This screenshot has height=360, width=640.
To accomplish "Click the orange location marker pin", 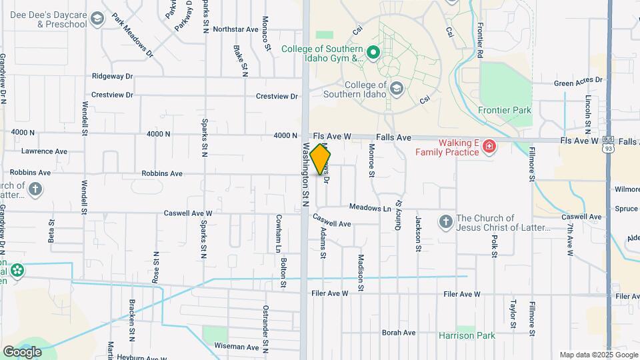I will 320,159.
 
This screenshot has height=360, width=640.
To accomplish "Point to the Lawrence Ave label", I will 44,151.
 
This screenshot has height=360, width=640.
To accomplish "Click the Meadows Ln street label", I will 370,208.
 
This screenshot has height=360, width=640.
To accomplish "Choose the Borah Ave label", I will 399,333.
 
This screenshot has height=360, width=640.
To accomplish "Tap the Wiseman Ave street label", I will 236,347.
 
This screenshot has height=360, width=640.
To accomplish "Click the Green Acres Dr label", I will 578,81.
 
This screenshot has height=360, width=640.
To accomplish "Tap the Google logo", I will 22,351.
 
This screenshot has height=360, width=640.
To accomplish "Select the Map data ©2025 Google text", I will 598,355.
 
